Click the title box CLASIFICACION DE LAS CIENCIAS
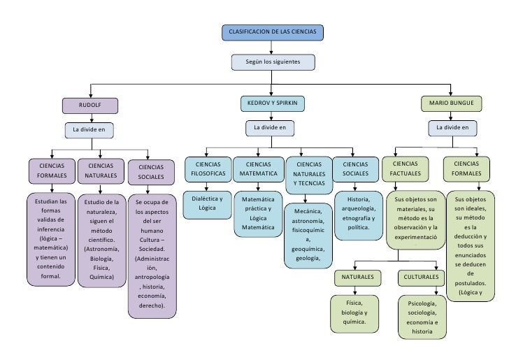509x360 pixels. tap(273, 32)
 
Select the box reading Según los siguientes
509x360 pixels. tap(273, 62)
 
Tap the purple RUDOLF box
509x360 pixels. tap(90, 106)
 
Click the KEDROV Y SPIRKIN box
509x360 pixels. tap(273, 103)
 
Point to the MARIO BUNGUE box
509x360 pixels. tap(451, 103)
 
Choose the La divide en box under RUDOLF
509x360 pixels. tap(89, 130)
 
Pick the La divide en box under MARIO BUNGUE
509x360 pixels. tap(452, 128)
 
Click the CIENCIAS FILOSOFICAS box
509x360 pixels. tap(208, 169)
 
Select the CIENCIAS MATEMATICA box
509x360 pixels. tap(259, 169)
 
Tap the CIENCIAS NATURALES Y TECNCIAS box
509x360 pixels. tap(309, 175)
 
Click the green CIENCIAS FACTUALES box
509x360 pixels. tap(405, 168)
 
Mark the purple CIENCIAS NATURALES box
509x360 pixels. tap(101, 171)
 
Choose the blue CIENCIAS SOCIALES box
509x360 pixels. tap(355, 169)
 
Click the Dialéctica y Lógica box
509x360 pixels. tap(207, 205)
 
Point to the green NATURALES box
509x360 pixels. tap(358, 278)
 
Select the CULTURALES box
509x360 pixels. tap(421, 278)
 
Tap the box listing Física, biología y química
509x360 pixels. tap(354, 314)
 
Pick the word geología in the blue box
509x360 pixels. tap(307, 259)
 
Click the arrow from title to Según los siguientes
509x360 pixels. tap(271, 48)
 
